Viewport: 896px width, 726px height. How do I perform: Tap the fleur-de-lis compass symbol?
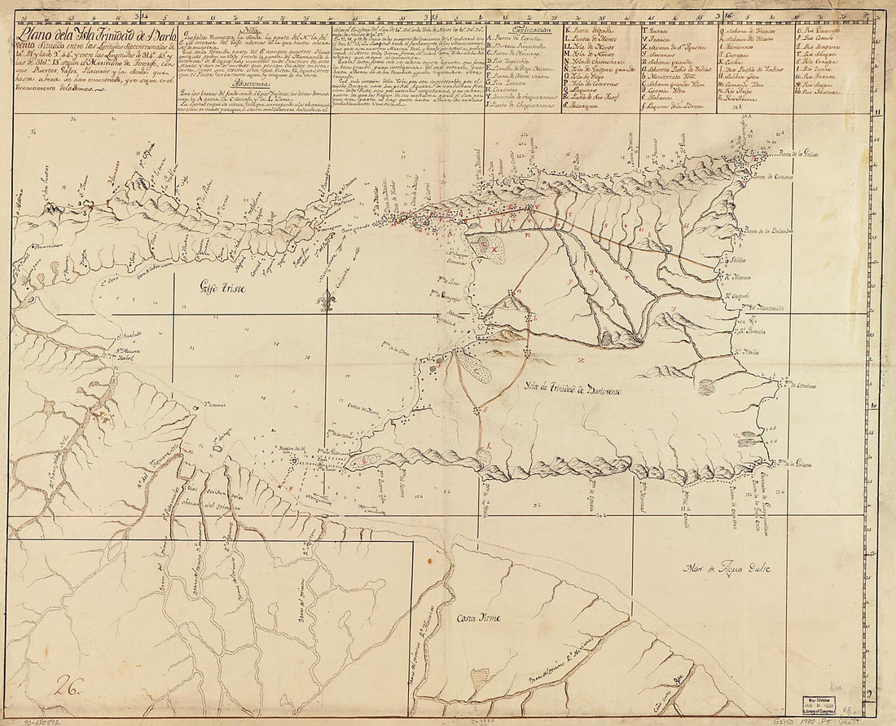(x=328, y=301)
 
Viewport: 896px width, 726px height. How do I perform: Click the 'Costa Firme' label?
(x=479, y=618)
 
